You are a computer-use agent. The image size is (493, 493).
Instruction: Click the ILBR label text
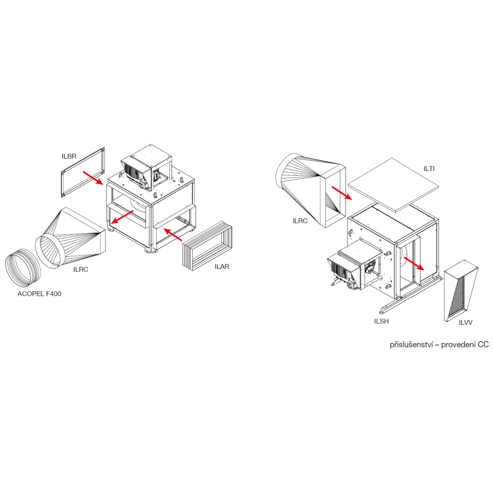coord(69,156)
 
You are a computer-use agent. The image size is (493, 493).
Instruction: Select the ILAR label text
coord(222,267)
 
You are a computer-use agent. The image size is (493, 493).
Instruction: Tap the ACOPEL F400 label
coord(39,294)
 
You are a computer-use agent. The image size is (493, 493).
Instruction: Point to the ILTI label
coord(429,169)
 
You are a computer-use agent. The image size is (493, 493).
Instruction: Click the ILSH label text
coord(382,321)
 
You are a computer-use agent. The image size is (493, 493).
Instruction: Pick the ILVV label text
coord(465,322)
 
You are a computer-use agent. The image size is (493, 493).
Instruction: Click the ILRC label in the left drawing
coord(81,270)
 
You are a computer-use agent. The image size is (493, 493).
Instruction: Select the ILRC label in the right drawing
coord(300,221)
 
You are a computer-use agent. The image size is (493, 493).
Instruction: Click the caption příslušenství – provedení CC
coord(439,345)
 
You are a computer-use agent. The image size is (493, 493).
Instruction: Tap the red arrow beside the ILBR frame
coord(93,178)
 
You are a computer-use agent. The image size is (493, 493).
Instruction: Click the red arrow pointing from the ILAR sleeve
coord(173,235)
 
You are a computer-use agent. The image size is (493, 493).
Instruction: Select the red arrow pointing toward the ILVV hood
coord(414,263)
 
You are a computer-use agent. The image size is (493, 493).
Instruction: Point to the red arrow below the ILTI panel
coord(342,193)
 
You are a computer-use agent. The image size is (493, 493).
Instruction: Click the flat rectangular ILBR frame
coord(83,172)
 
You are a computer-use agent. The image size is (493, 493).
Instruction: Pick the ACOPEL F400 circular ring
coord(23,268)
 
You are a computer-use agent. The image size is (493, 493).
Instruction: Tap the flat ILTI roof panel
coord(393,185)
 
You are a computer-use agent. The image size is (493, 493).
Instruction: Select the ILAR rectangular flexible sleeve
coord(208,246)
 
